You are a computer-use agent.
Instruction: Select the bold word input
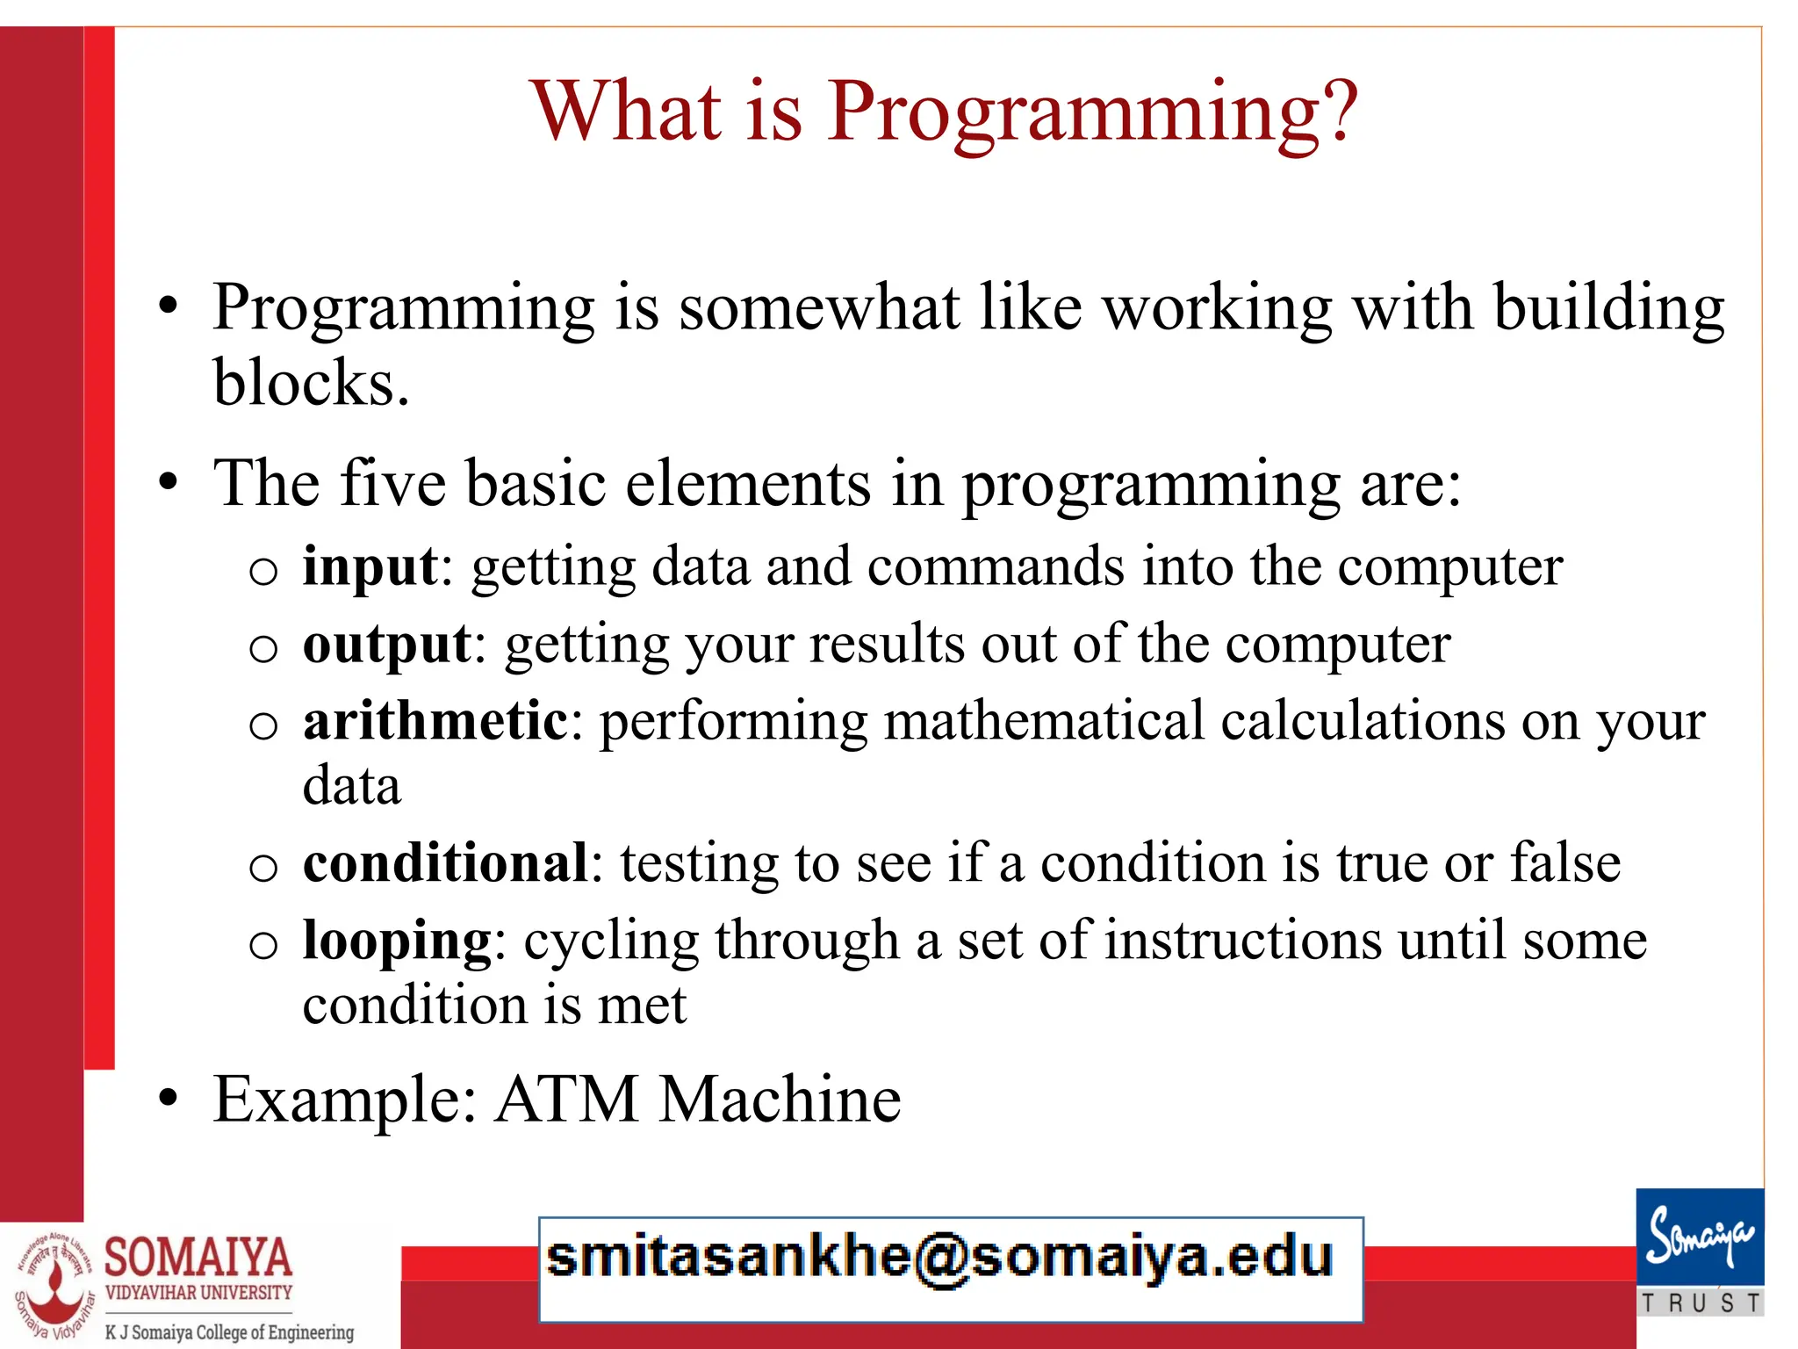point(370,566)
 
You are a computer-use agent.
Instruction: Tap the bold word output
point(387,646)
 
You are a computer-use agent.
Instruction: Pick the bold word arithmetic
point(435,721)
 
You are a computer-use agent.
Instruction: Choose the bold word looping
point(397,941)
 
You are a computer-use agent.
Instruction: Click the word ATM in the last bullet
point(566,1099)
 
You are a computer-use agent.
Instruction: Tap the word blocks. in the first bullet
point(311,383)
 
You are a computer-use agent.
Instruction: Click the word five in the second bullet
point(392,483)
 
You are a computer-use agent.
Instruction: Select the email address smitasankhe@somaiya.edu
point(939,1258)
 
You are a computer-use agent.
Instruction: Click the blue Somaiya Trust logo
point(1700,1237)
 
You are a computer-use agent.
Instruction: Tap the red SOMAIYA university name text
point(198,1257)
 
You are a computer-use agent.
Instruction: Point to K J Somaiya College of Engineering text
point(229,1332)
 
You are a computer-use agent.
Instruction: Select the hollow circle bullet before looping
point(263,945)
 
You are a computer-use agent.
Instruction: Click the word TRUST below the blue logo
point(1701,1303)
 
